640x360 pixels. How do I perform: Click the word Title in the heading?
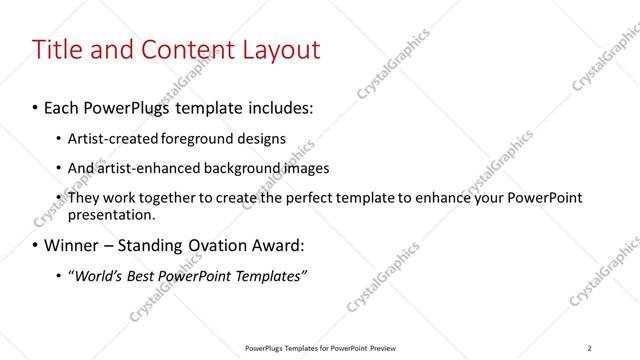(59, 49)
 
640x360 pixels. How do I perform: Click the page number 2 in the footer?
(590, 347)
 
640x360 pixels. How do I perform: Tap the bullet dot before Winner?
(36, 245)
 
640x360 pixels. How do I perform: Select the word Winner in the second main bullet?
(73, 245)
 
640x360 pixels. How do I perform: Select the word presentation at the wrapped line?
(109, 214)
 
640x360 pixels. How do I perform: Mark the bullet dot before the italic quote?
(58, 275)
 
